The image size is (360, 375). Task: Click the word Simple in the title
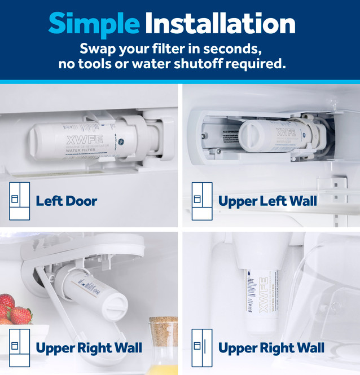pyautogui.click(x=94, y=24)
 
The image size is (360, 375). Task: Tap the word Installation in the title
pyautogui.click(x=220, y=24)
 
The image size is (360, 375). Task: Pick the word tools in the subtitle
pyautogui.click(x=91, y=64)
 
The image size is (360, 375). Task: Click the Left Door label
pyautogui.click(x=66, y=201)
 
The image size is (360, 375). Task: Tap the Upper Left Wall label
pyautogui.click(x=267, y=201)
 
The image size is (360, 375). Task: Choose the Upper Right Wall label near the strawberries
pyautogui.click(x=89, y=348)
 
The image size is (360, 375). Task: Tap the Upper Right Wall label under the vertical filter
pyautogui.click(x=271, y=348)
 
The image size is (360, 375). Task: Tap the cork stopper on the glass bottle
pyautogui.click(x=163, y=328)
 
